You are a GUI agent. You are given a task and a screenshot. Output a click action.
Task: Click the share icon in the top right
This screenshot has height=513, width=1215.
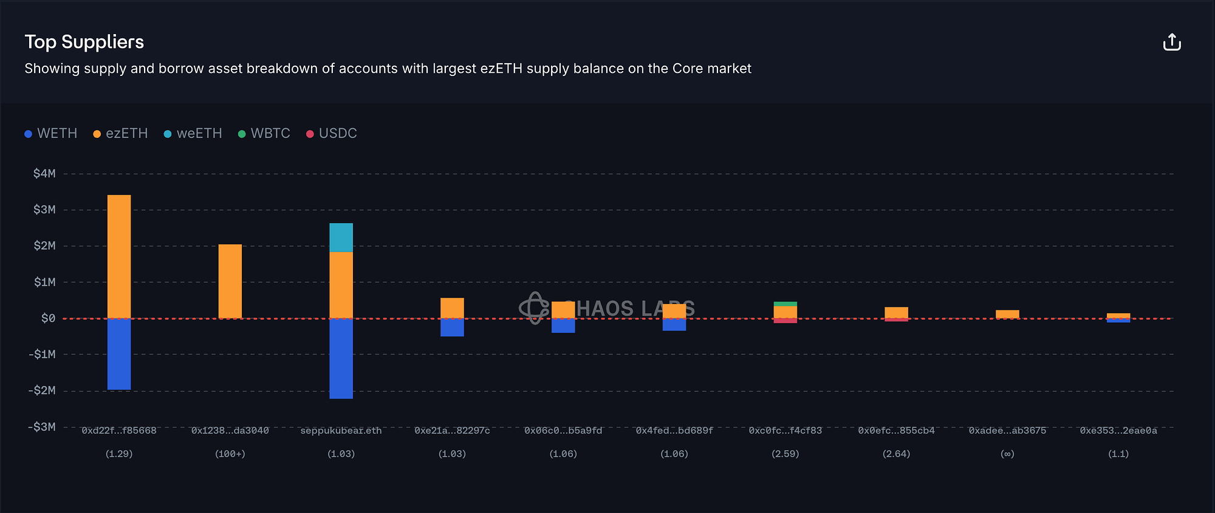tap(1171, 43)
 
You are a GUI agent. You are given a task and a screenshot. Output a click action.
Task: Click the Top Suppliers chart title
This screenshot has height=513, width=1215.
tap(84, 42)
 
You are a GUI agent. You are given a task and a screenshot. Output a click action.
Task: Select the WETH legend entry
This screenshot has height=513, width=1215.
tap(51, 134)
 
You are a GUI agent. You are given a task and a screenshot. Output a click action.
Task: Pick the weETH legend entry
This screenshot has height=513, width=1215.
tap(193, 134)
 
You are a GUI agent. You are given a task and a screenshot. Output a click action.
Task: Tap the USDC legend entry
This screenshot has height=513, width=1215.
tap(332, 134)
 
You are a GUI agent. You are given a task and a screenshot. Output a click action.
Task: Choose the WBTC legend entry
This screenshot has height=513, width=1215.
tap(264, 134)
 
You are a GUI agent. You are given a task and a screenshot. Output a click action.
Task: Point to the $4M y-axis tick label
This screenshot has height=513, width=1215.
tap(44, 174)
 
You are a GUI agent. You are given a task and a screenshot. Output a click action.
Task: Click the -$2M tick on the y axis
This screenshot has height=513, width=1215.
tap(42, 390)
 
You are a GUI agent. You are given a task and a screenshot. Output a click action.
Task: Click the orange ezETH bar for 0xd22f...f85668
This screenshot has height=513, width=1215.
tap(119, 256)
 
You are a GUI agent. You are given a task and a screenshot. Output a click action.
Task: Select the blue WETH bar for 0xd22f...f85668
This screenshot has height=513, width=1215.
tap(119, 354)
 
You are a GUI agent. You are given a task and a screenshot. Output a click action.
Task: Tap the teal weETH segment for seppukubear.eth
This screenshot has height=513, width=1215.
tap(341, 237)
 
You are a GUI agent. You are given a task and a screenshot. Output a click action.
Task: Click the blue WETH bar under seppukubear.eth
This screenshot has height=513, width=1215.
tap(341, 358)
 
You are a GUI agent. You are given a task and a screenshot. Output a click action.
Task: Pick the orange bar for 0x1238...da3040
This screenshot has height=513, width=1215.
tap(230, 281)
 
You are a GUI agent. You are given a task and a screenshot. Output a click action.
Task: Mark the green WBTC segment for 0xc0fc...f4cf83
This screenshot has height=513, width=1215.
tap(785, 304)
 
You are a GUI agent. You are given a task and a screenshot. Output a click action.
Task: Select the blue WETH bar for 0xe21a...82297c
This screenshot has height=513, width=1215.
tap(452, 327)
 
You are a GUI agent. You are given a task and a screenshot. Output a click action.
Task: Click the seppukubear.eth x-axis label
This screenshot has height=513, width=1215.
tap(341, 430)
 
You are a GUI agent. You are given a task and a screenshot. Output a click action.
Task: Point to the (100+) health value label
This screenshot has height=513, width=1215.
tap(230, 454)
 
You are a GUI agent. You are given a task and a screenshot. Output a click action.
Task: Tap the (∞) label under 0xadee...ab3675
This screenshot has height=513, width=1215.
tap(1007, 454)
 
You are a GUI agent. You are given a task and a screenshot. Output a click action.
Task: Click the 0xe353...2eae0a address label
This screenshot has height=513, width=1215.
tap(1118, 430)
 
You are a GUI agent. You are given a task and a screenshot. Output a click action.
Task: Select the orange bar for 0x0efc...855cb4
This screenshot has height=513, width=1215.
tap(896, 312)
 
